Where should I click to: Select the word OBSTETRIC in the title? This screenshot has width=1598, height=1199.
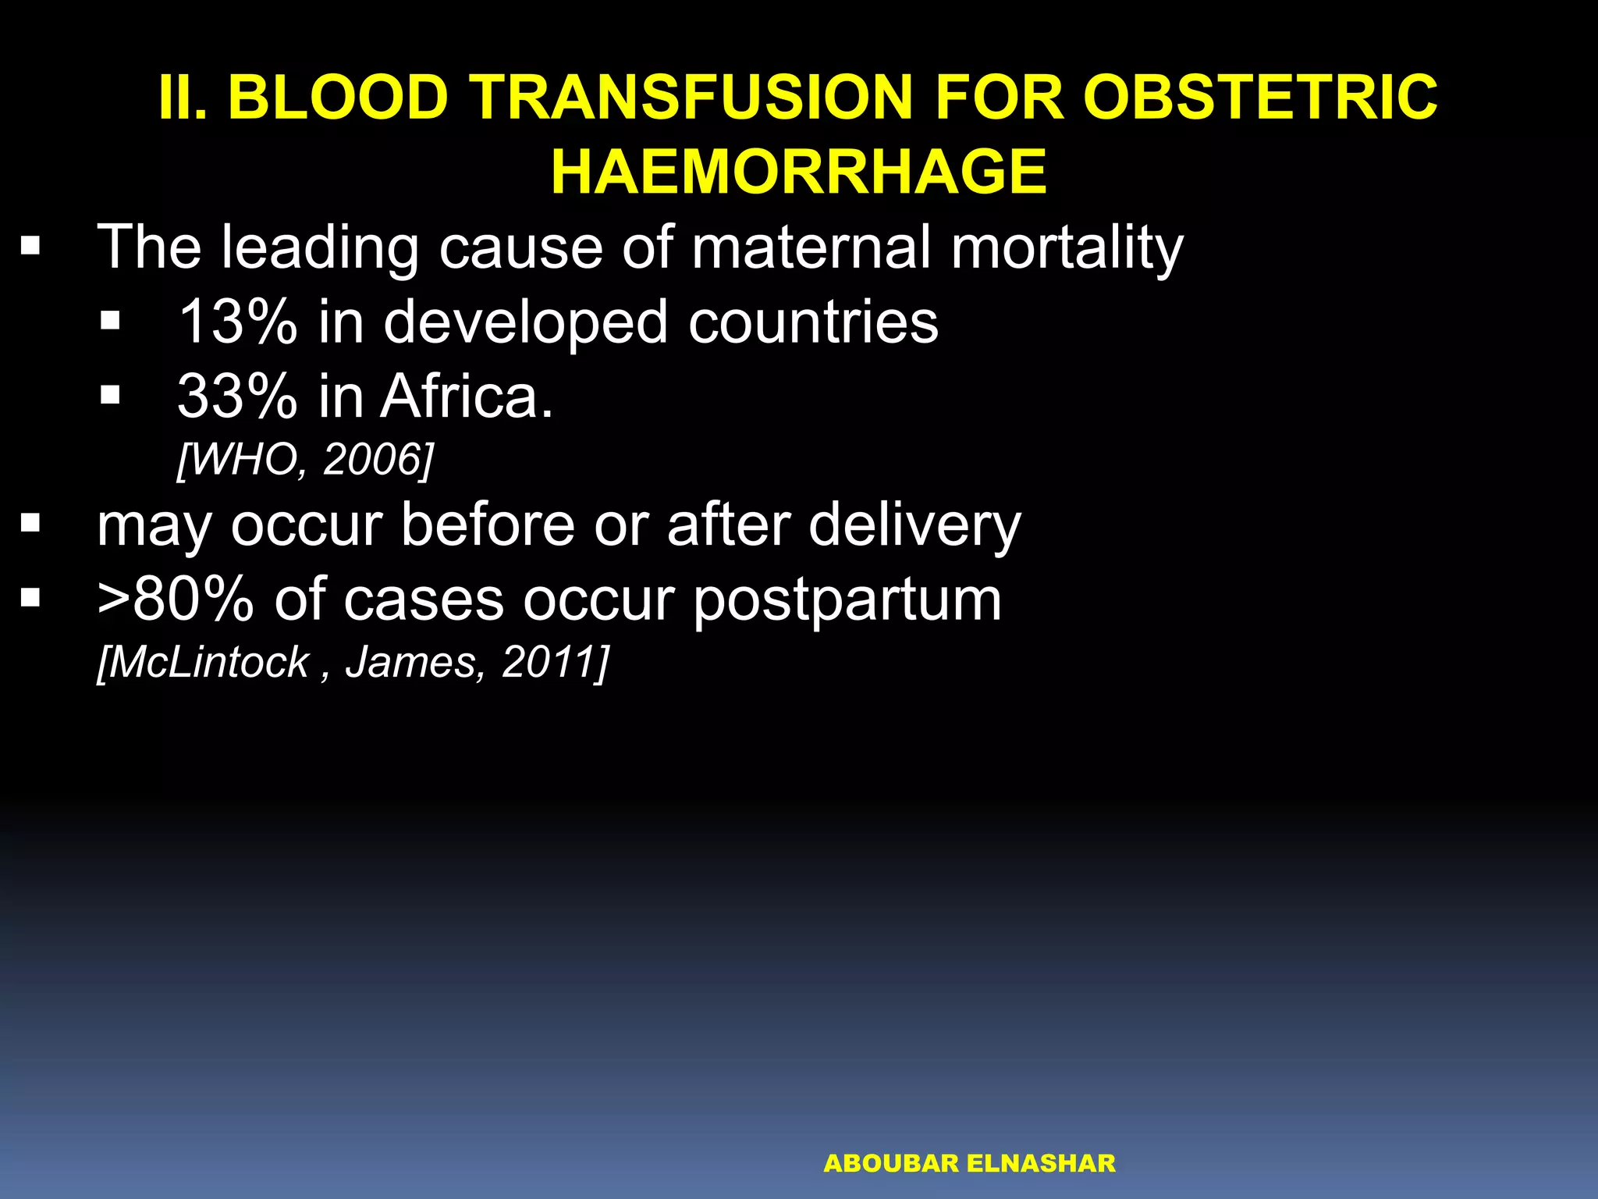coord(1259,98)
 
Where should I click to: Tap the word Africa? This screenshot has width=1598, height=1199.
coord(466,397)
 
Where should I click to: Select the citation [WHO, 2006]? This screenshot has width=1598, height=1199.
coord(304,460)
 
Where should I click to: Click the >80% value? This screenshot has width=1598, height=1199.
coord(176,599)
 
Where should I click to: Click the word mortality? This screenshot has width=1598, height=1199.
coord(1067,248)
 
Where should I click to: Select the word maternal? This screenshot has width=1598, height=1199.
coord(811,247)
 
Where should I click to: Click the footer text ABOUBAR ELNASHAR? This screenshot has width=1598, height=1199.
coord(969,1164)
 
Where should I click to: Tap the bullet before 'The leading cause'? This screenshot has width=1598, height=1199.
coord(30,248)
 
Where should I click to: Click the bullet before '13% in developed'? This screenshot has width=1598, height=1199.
coord(111,321)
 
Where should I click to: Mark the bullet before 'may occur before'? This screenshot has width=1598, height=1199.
coord(30,524)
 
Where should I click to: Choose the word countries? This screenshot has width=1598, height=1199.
coord(813,322)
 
